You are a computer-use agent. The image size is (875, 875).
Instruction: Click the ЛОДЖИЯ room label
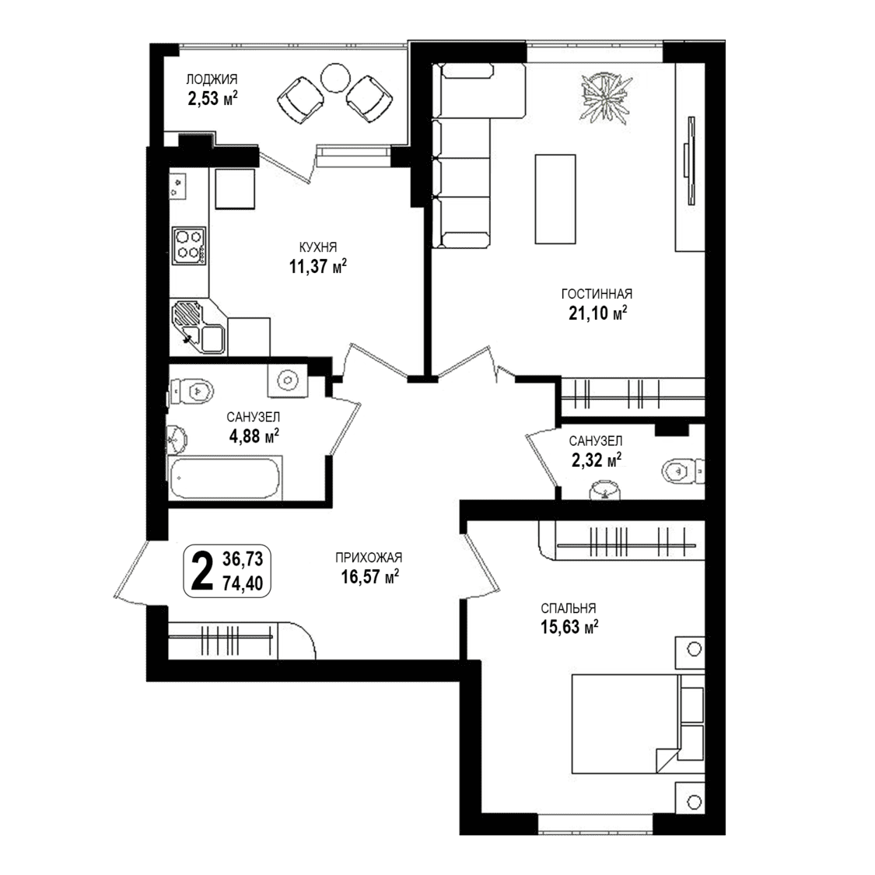[212, 79]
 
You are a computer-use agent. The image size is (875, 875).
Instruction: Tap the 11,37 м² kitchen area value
[317, 266]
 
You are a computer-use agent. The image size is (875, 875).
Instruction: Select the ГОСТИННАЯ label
[597, 293]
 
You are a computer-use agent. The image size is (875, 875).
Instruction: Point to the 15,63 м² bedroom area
[569, 627]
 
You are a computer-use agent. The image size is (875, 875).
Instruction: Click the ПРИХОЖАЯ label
[369, 557]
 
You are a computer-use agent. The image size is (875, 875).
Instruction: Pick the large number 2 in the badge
[202, 570]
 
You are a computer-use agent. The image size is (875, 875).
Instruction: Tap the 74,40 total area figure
[243, 583]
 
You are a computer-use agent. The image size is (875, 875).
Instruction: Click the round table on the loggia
[335, 79]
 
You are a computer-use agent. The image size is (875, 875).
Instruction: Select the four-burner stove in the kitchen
[189, 246]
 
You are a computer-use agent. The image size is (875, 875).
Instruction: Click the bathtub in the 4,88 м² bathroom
[225, 478]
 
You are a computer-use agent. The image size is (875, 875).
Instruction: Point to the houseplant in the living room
[606, 96]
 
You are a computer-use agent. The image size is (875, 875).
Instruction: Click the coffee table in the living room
[555, 199]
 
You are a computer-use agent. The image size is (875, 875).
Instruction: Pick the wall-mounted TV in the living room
[691, 161]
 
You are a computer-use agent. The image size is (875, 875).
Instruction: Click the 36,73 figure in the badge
[243, 558]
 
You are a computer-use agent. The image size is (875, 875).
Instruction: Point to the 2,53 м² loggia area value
[212, 99]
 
